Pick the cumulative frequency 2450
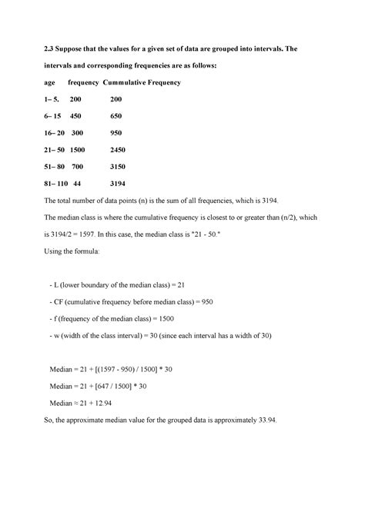118,150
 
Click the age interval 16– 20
55,133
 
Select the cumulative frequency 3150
118,167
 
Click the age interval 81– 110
58,184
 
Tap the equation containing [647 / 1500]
116,387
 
